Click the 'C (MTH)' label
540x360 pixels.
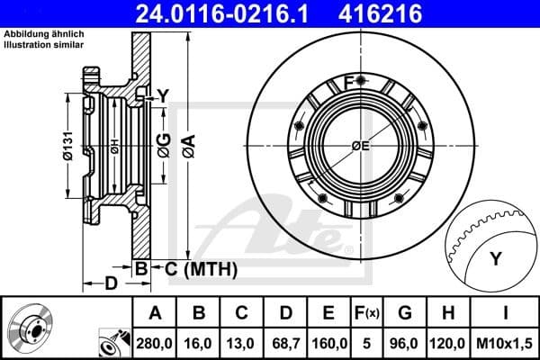[x=196, y=268]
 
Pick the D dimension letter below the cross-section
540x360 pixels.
[x=110, y=284]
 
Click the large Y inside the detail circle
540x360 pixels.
[x=495, y=260]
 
